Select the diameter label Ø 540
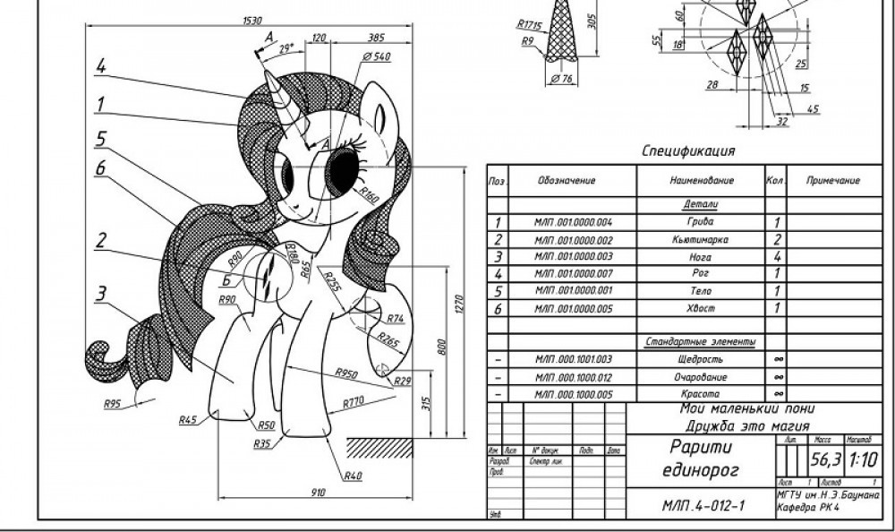point(377,57)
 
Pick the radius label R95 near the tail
point(111,404)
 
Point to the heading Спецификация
point(688,151)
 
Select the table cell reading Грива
point(701,222)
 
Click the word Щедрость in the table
point(701,359)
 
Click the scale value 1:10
point(862,461)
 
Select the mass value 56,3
point(824,461)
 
